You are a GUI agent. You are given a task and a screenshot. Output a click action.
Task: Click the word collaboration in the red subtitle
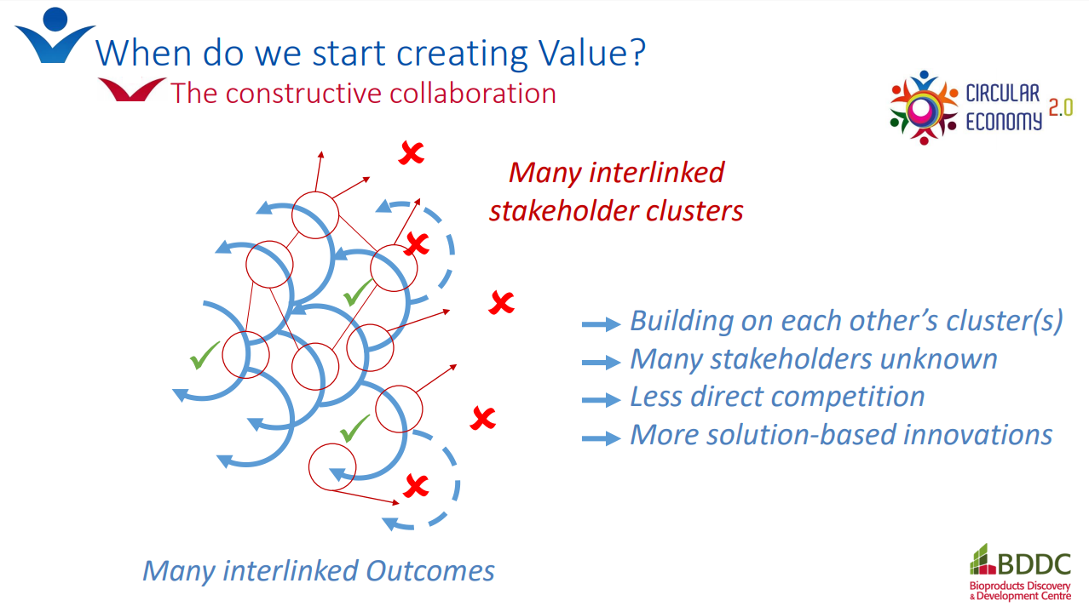(x=473, y=93)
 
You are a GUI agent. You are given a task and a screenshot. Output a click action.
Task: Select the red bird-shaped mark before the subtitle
(x=131, y=89)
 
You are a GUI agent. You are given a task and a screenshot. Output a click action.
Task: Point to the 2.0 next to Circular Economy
(x=1060, y=107)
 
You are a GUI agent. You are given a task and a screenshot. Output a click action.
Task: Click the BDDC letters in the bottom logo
(x=1034, y=565)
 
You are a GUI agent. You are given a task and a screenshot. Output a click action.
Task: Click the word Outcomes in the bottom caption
(x=430, y=570)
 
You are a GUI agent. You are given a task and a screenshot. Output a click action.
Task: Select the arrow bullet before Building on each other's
(x=601, y=324)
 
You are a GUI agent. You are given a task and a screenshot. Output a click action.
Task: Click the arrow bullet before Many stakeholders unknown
(x=601, y=362)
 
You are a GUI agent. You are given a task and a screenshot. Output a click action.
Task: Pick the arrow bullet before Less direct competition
(x=601, y=400)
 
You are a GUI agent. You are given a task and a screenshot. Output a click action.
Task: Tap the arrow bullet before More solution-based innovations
(x=601, y=438)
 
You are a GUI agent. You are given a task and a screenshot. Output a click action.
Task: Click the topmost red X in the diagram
(x=412, y=153)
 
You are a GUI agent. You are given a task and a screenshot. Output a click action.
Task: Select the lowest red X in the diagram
(x=416, y=486)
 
